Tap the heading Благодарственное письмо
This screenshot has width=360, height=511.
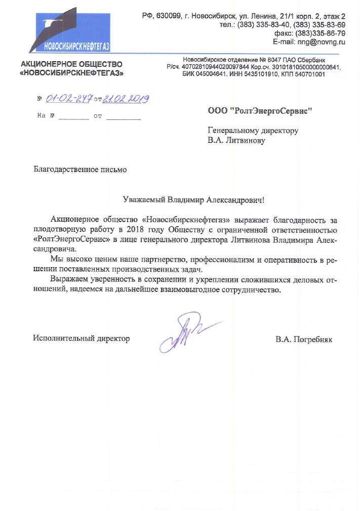(79, 169)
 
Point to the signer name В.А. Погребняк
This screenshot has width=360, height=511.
(303, 338)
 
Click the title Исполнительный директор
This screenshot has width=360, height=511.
(81, 338)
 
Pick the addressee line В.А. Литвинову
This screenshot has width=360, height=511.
(236, 141)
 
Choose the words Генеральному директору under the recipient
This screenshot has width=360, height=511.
(253, 131)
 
